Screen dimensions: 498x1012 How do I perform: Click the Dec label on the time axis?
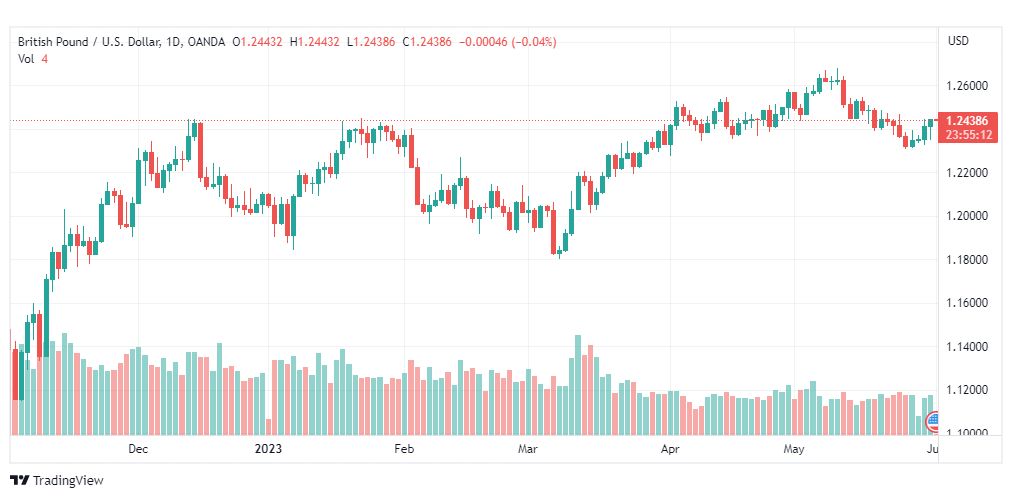point(138,449)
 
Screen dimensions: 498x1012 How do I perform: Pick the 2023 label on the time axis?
point(268,449)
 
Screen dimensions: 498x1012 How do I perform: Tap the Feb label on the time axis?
point(403,449)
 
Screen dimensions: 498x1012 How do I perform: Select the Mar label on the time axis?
point(527,449)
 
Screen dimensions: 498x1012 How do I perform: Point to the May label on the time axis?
point(794,449)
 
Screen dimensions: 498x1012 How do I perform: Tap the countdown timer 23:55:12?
point(967,134)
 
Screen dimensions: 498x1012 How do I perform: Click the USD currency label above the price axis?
point(958,40)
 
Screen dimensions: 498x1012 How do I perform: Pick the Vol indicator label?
point(26,59)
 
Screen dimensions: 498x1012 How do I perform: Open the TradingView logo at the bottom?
point(57,480)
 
